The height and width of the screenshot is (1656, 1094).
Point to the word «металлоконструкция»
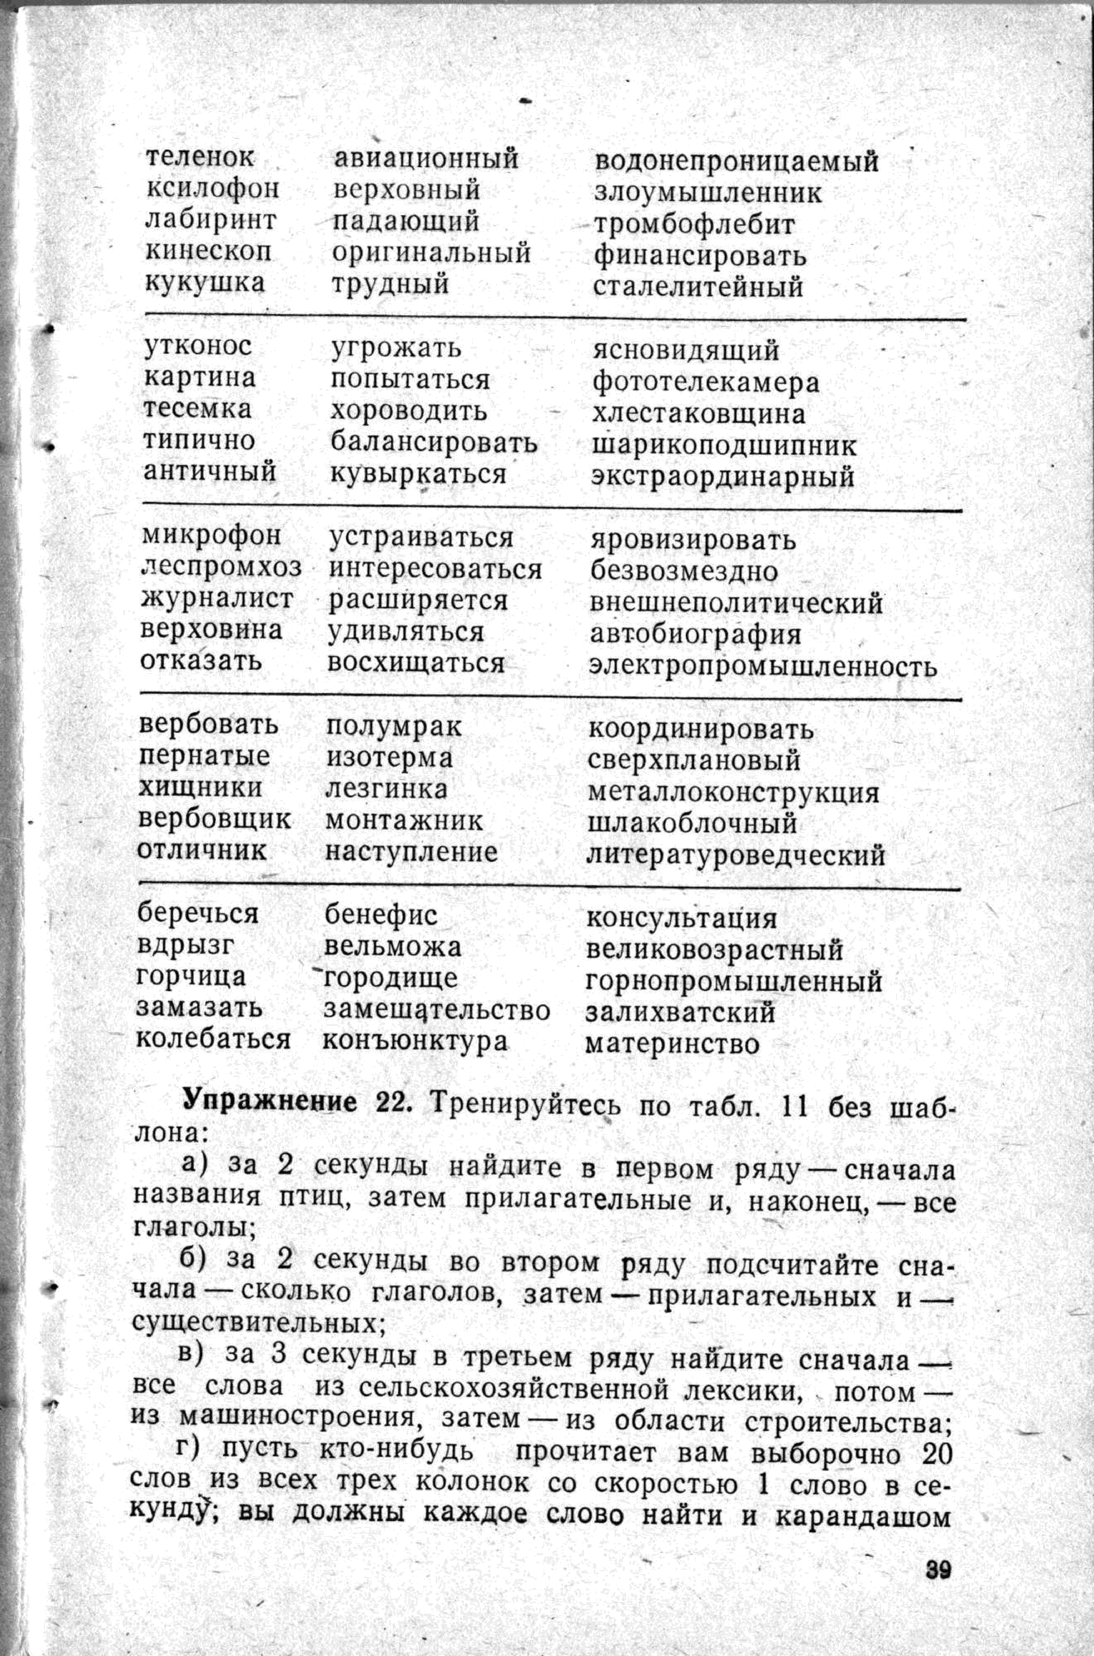[733, 793]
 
